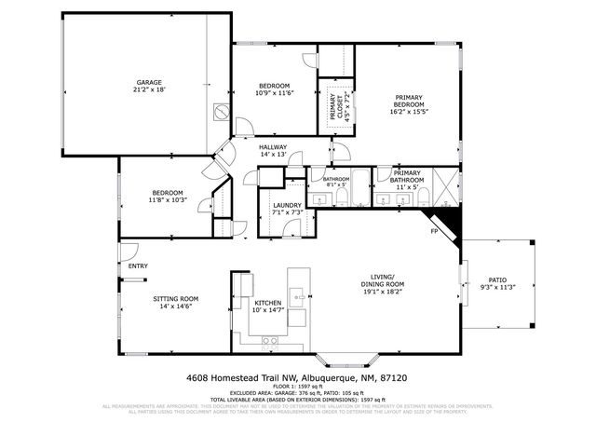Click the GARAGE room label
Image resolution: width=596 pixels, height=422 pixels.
point(148,82)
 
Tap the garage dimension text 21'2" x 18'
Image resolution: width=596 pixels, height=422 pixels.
point(148,89)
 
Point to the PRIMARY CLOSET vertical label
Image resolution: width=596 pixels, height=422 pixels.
point(333,108)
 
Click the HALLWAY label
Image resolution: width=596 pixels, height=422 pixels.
point(273,147)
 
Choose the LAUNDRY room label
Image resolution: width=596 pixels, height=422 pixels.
point(287,205)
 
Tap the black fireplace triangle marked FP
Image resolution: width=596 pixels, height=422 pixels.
point(448,224)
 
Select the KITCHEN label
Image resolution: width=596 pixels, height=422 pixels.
point(268,303)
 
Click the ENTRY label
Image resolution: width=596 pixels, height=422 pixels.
point(138,265)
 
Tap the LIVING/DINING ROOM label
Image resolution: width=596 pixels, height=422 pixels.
point(382,281)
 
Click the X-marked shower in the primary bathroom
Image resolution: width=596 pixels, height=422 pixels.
point(447,186)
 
